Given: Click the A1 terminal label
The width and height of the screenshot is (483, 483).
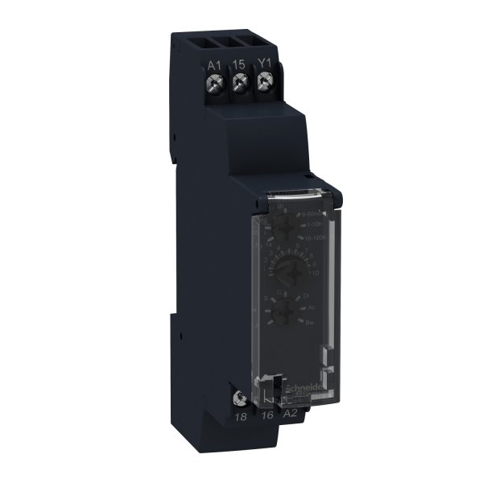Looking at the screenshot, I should [x=213, y=64].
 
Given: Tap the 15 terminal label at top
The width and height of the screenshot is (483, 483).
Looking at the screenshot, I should [x=238, y=64].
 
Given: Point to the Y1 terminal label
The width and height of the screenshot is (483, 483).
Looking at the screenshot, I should [x=263, y=64].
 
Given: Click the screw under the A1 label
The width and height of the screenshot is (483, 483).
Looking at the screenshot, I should [x=214, y=83].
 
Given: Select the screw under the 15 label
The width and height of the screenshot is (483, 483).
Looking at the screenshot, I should [x=238, y=83].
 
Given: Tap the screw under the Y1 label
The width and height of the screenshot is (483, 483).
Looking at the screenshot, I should [x=263, y=83].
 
